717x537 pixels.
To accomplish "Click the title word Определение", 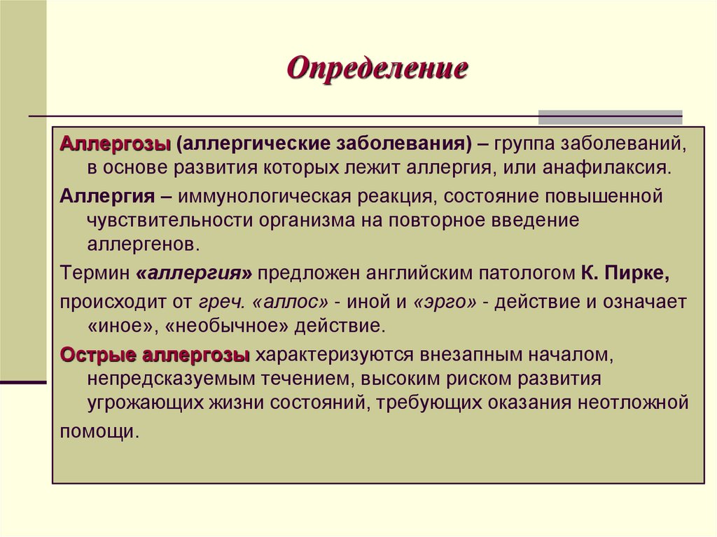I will click(377, 69).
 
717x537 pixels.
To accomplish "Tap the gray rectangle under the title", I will click(609, 116).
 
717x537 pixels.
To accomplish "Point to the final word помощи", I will click(96, 431).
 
